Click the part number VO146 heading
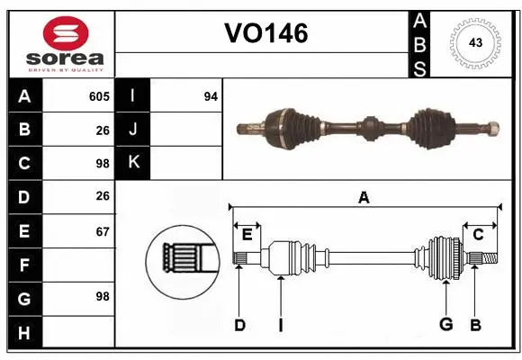tap(265, 33)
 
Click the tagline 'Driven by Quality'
tap(66, 68)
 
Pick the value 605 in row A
tap(99, 96)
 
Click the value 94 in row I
tap(211, 96)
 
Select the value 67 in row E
tap(102, 231)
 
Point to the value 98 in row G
tap(102, 296)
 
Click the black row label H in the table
tap(24, 333)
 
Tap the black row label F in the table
tap(24, 265)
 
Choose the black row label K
tap(133, 163)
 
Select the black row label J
tap(133, 130)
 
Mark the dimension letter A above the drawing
tap(364, 197)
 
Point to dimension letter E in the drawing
tap(247, 235)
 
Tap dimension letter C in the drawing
tap(478, 235)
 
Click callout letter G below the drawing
tap(445, 324)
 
